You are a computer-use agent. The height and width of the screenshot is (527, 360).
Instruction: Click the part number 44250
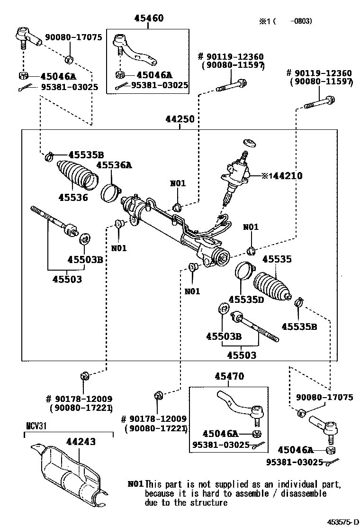(180, 119)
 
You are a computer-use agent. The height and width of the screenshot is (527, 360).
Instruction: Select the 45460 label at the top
(149, 19)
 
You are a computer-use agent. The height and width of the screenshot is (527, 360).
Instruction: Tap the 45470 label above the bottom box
(229, 377)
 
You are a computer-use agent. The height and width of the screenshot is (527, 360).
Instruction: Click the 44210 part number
(285, 176)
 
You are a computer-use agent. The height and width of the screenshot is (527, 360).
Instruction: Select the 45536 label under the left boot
(73, 197)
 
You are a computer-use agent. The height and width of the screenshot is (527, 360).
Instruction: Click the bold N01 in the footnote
(135, 484)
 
